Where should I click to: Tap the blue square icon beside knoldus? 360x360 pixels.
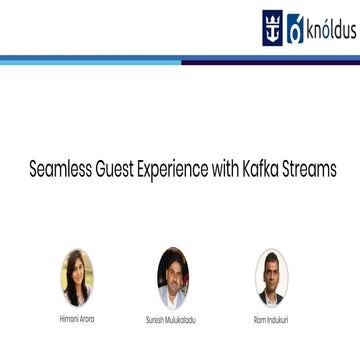(295, 28)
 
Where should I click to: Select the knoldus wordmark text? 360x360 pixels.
(328, 27)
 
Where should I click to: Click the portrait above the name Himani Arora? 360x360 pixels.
(76, 277)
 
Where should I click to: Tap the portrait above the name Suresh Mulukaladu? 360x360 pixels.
(173, 277)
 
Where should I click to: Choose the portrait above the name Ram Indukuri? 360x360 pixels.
(270, 277)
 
